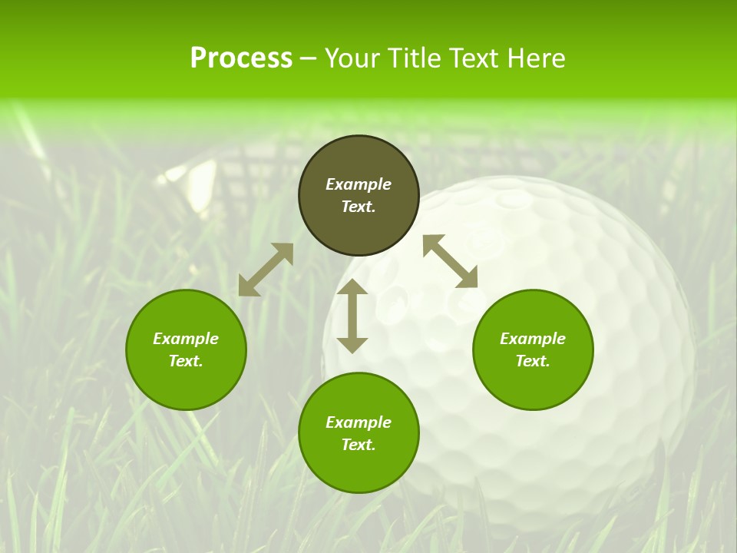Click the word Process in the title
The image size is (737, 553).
[241, 58]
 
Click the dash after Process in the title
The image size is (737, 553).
[308, 59]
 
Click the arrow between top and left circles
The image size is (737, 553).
[266, 270]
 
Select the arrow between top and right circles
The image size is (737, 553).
[451, 261]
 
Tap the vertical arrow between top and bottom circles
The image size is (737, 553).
[352, 316]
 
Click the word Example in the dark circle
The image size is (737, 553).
[359, 184]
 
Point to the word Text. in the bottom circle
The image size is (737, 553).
[359, 445]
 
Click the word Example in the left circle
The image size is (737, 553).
[186, 339]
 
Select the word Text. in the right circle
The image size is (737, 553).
[533, 361]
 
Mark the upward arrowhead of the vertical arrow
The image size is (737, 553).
[352, 287]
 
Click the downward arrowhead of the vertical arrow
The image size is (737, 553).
[352, 345]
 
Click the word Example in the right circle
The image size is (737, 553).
[533, 339]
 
